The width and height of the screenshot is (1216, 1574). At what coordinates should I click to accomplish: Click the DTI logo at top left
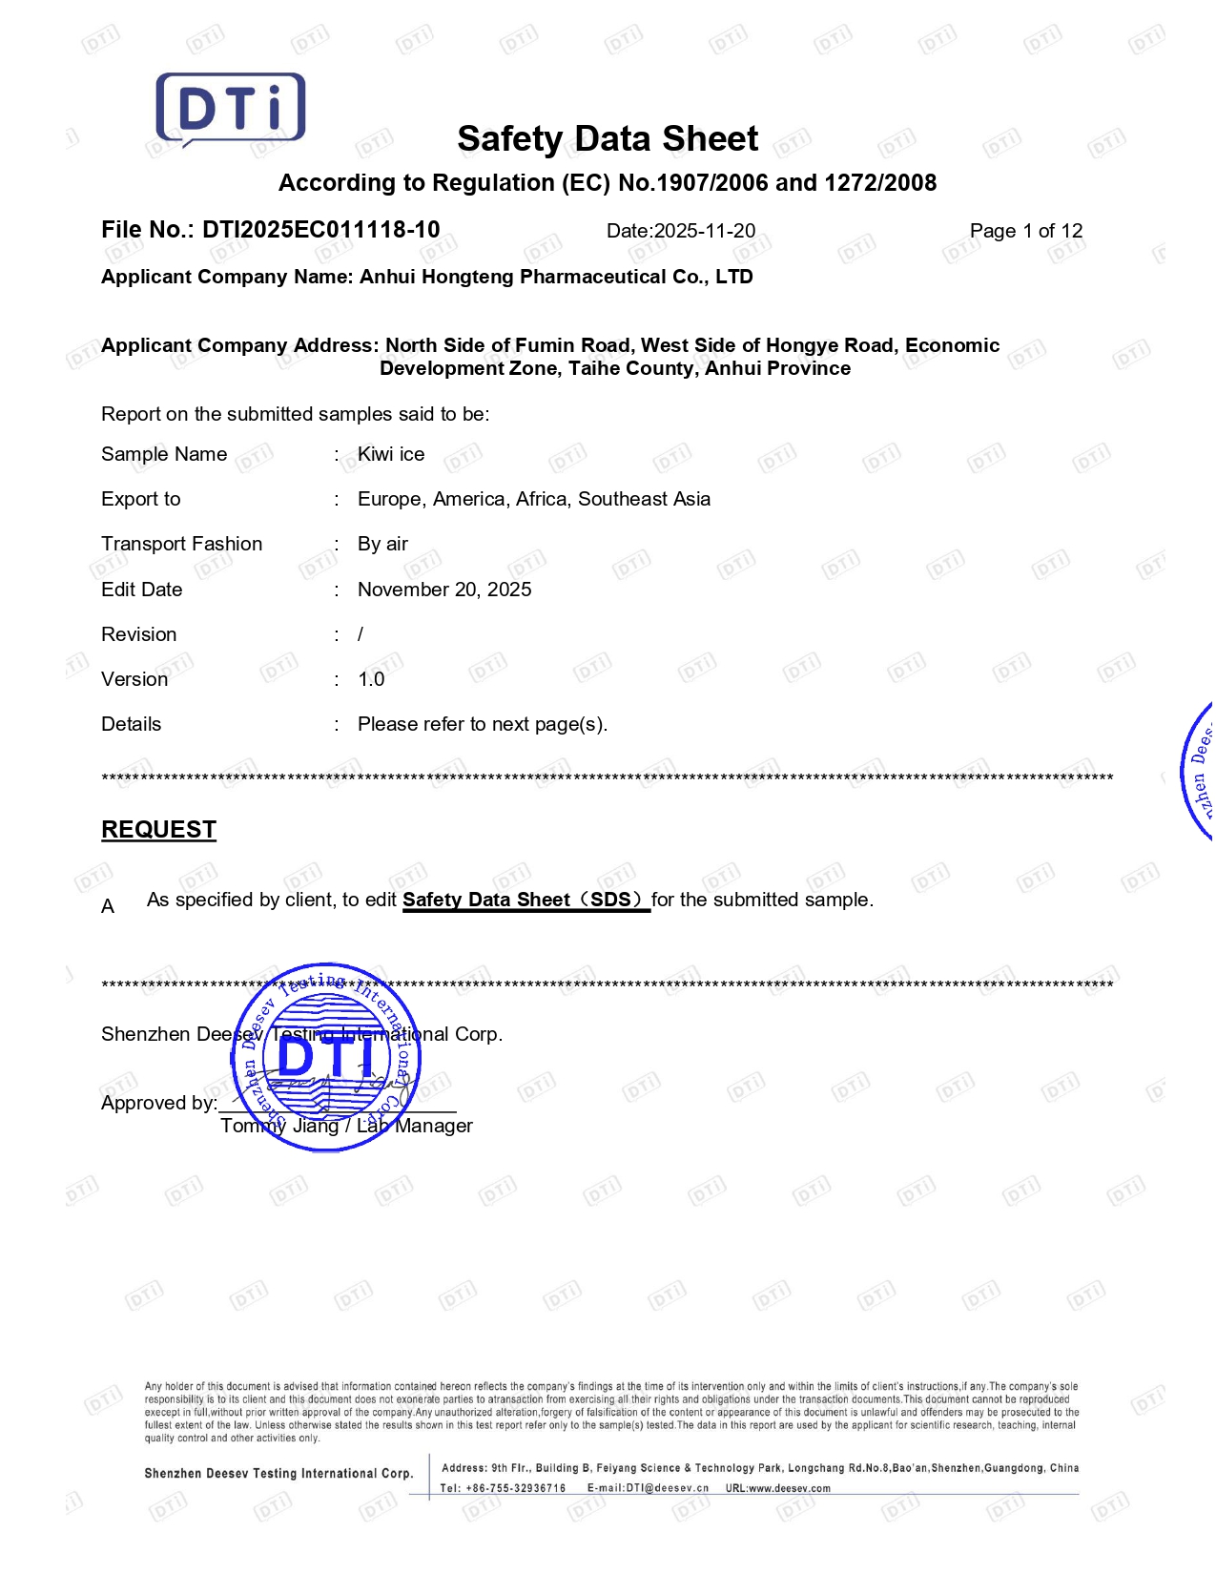[x=231, y=109]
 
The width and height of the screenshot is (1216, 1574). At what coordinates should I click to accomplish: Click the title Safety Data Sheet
[x=608, y=139]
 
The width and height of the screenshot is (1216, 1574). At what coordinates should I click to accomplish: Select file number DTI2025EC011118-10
[x=320, y=230]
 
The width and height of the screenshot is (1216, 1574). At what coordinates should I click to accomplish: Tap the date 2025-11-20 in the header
[x=704, y=231]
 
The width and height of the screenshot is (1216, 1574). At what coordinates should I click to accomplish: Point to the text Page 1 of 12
[x=1025, y=231]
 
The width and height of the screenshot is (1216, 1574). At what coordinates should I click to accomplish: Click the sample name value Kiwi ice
[x=391, y=454]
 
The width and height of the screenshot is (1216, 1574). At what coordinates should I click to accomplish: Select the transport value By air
[x=382, y=544]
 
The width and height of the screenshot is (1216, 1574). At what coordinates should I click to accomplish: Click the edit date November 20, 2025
[x=444, y=590]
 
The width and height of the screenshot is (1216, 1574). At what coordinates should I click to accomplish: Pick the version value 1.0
[x=371, y=679]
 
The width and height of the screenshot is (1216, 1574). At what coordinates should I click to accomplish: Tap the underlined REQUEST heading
[x=158, y=830]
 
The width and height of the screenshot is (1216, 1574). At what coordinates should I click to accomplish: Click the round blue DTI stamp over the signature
[x=326, y=1056]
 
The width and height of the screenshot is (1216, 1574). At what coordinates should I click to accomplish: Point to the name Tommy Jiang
[x=279, y=1127]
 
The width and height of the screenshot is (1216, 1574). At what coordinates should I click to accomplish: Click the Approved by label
[x=158, y=1104]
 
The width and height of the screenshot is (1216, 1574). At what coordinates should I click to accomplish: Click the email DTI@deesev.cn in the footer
[x=667, y=1488]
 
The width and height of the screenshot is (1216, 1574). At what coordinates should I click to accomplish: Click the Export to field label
[x=141, y=499]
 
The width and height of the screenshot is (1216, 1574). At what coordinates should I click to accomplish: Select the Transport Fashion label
[x=181, y=544]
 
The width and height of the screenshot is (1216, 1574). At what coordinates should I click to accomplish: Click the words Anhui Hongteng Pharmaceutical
[x=500, y=277]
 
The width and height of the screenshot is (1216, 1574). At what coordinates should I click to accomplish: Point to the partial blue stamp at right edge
[x=1199, y=773]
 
